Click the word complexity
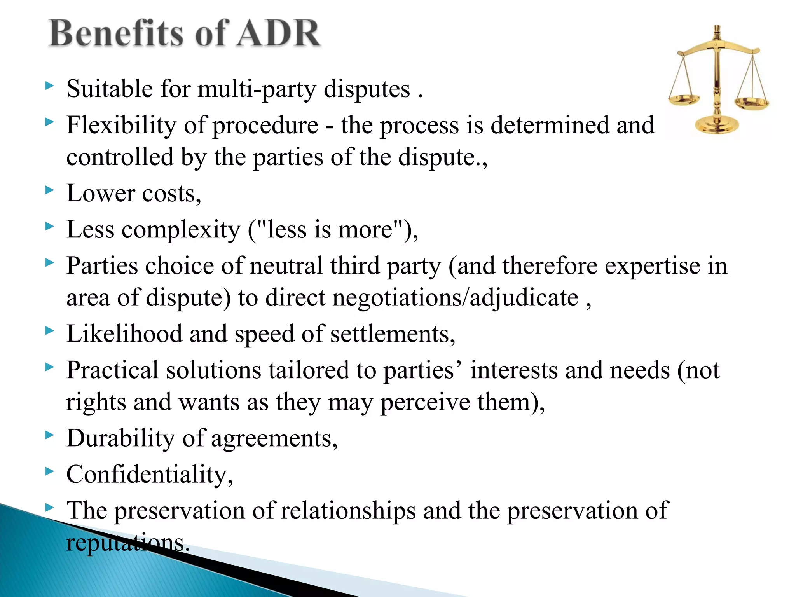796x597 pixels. [x=181, y=230]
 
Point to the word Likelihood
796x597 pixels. [x=124, y=334]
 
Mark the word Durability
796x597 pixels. [x=120, y=438]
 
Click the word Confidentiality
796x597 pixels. [x=149, y=475]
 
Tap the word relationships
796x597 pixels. [x=348, y=511]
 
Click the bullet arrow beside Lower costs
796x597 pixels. [x=49, y=190]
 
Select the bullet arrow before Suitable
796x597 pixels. [x=49, y=86]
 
